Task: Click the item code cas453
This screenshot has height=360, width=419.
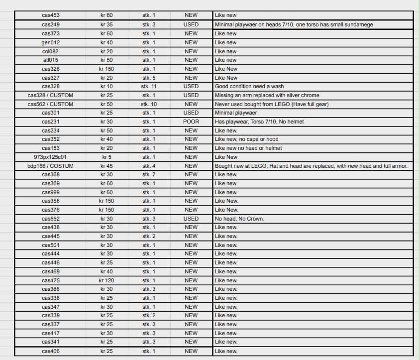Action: (x=51, y=15)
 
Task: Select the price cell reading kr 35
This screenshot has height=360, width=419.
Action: (x=106, y=24)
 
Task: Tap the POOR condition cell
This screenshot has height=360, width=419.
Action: (x=191, y=121)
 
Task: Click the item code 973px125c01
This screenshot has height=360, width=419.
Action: (x=51, y=157)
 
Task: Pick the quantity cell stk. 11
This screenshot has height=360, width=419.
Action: (x=149, y=86)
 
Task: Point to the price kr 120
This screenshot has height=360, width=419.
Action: (x=106, y=280)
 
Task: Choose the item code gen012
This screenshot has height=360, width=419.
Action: (x=51, y=43)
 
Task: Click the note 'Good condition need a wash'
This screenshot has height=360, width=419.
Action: (x=249, y=86)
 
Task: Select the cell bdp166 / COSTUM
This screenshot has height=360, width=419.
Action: (x=51, y=166)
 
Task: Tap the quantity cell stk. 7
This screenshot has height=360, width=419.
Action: (x=149, y=175)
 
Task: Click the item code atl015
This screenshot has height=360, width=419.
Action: (x=51, y=60)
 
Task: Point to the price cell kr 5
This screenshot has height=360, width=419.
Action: (x=106, y=157)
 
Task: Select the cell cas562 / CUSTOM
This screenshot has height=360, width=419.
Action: (x=51, y=104)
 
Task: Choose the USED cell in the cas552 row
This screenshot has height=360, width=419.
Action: (x=191, y=219)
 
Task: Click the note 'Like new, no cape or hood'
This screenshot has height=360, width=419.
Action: (x=247, y=139)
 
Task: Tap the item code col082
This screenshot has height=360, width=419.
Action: (x=51, y=51)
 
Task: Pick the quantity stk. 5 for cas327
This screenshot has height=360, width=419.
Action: (x=149, y=78)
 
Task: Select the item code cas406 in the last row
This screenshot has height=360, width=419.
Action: (x=51, y=351)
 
